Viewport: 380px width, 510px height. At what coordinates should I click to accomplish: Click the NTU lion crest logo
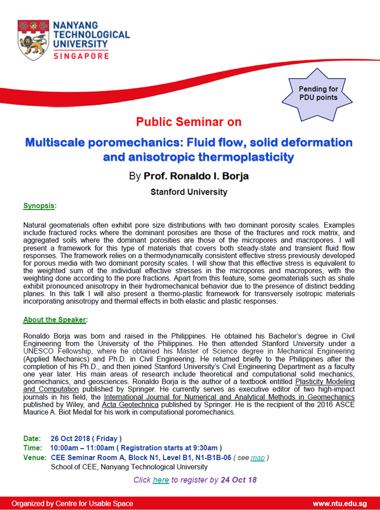(33, 40)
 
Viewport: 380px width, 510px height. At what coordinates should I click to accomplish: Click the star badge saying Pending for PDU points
(318, 93)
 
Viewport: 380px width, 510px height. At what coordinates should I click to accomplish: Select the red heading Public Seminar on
(189, 122)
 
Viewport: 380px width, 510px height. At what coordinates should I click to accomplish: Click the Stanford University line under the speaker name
(189, 192)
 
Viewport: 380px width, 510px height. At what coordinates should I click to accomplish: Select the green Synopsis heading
(39, 206)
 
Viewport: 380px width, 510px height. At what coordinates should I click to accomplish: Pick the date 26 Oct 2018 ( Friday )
(86, 438)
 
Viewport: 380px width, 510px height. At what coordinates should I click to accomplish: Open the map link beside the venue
(258, 458)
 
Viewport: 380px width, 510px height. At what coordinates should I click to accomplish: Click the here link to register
(161, 480)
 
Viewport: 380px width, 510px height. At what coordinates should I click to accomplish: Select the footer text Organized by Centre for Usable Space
(72, 503)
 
